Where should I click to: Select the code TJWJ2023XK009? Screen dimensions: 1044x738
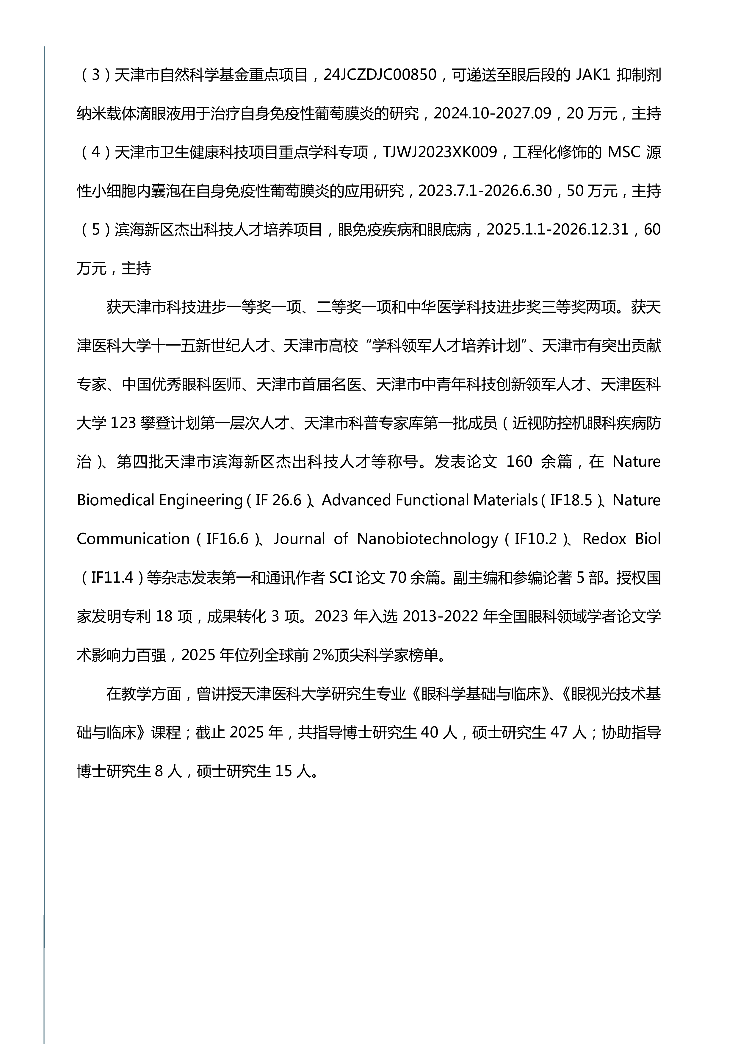click(x=440, y=152)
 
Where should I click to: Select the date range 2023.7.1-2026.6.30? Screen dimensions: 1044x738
click(x=485, y=191)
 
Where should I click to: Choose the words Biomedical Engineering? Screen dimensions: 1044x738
click(x=159, y=501)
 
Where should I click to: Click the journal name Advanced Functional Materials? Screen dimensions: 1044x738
click(x=430, y=501)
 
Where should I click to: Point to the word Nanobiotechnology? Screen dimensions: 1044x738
click(x=427, y=539)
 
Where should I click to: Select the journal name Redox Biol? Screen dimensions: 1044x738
click(x=621, y=539)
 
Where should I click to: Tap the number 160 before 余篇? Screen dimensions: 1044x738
click(x=519, y=462)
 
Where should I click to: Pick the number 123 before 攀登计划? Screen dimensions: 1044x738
click(x=123, y=423)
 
